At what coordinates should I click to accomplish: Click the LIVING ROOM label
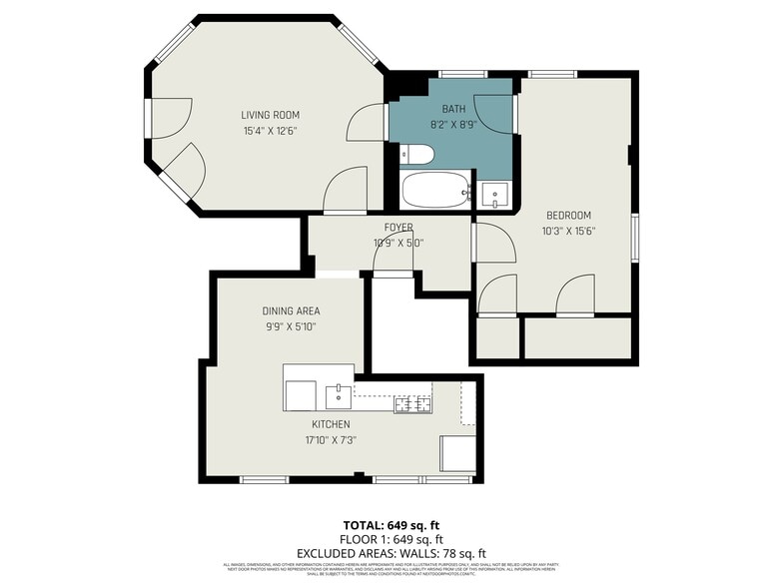[270, 115]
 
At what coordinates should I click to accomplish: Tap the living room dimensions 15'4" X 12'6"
[270, 131]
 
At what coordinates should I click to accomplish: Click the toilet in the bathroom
[417, 155]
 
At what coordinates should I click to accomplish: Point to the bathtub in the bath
[435, 190]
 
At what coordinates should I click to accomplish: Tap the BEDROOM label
[567, 216]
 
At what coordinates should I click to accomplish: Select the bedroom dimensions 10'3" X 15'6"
[567, 232]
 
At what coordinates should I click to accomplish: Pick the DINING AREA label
[291, 311]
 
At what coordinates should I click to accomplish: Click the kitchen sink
[340, 395]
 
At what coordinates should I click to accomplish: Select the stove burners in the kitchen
[412, 403]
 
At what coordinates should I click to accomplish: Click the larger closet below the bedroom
[577, 337]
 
